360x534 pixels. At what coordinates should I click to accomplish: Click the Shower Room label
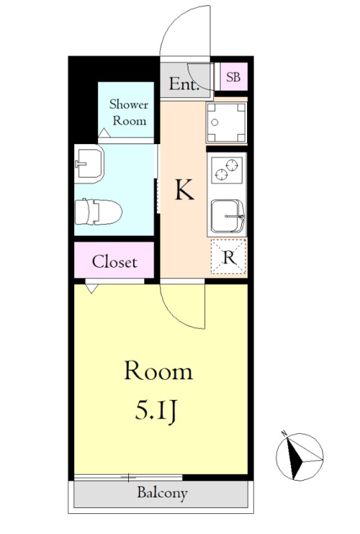(128, 112)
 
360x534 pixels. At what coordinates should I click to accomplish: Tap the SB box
(232, 77)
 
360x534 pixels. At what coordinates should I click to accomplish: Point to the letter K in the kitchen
(184, 191)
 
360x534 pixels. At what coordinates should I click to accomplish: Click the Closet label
(114, 262)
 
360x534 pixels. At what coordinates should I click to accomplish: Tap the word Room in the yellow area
(158, 371)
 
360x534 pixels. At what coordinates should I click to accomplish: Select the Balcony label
(162, 494)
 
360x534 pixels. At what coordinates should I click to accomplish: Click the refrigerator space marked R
(228, 258)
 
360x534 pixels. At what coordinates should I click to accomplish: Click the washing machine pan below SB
(226, 123)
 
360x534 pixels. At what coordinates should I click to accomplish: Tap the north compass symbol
(300, 455)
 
